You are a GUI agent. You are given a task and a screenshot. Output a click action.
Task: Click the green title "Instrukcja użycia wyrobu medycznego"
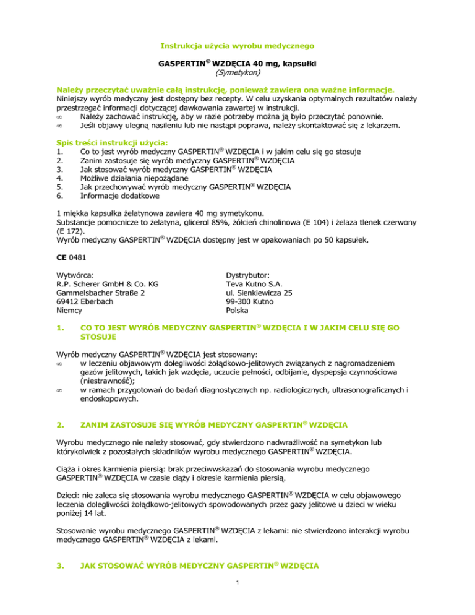pyautogui.click(x=237, y=45)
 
